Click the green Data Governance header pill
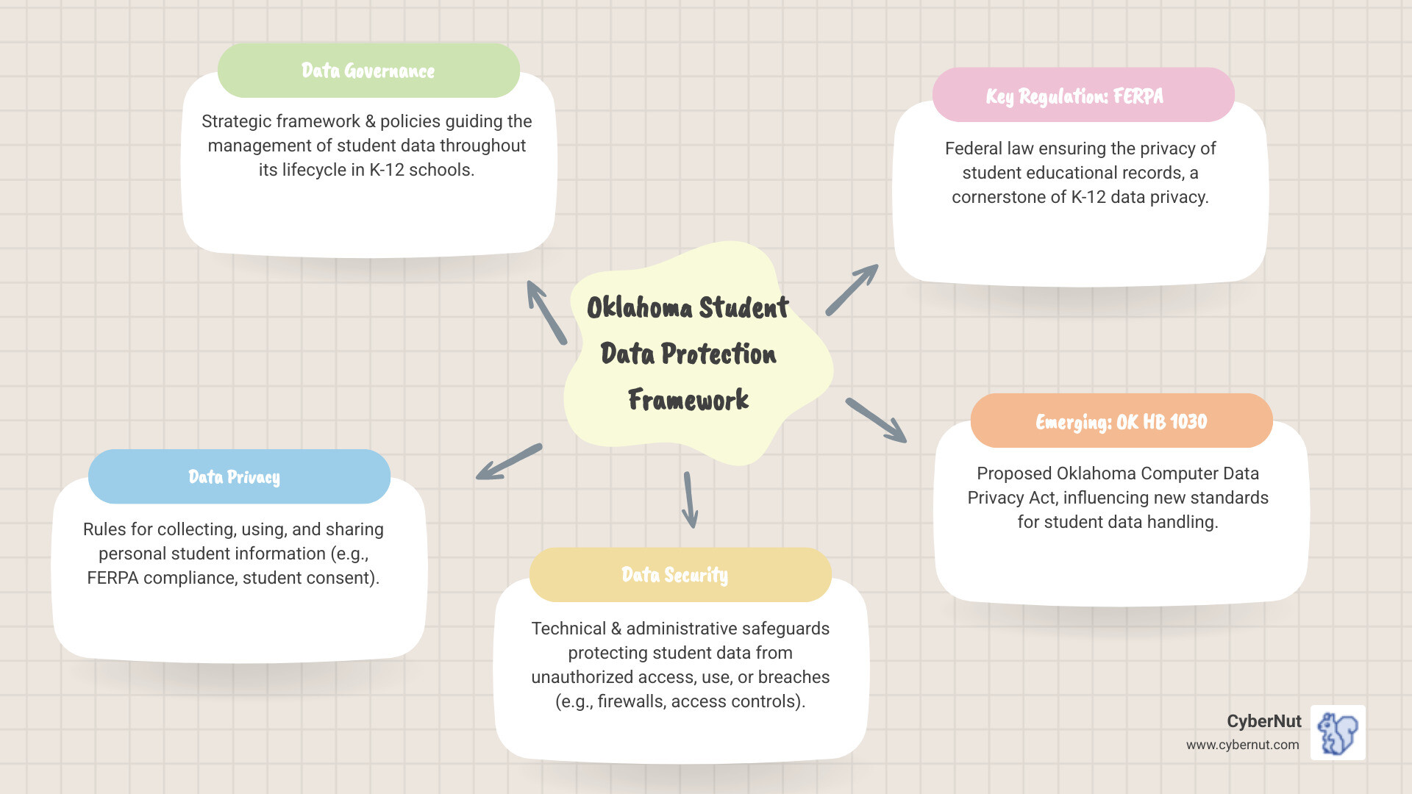(x=368, y=71)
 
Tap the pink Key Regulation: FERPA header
(x=1083, y=96)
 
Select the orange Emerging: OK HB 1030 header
(x=1121, y=421)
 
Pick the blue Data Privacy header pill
(x=239, y=476)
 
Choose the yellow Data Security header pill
(x=680, y=574)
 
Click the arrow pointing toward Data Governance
(x=546, y=312)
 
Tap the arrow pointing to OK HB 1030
(x=876, y=421)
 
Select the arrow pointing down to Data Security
(x=690, y=500)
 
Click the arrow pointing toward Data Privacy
(x=509, y=462)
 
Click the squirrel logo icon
(x=1338, y=733)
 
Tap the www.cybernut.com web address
(x=1242, y=745)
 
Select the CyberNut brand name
(x=1263, y=721)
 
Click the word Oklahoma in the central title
(x=639, y=308)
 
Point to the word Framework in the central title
(x=688, y=400)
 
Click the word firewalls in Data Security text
(x=630, y=701)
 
